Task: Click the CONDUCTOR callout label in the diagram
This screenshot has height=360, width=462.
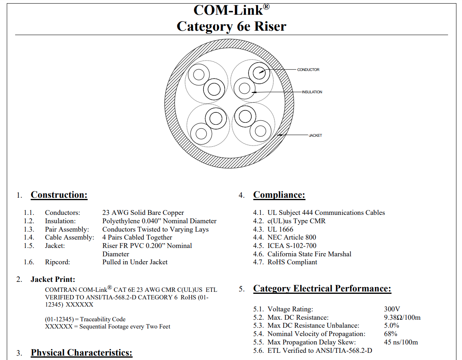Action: tap(308, 70)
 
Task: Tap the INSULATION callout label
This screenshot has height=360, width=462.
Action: tap(312, 92)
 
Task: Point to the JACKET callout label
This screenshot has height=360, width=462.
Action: tap(315, 136)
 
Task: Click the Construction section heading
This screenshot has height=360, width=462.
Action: tap(59, 195)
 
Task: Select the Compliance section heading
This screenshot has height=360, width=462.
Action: tap(279, 195)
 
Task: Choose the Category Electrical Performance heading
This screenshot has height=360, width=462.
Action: tap(322, 289)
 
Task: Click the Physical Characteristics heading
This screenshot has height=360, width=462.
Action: tap(81, 353)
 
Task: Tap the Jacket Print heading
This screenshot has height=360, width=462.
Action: tap(53, 279)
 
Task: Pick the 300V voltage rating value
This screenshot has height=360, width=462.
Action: tap(392, 309)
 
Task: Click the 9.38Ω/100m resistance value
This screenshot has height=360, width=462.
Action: tap(402, 317)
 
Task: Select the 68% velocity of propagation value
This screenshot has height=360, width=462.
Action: tap(391, 334)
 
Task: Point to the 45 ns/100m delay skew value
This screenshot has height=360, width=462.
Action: tap(401, 342)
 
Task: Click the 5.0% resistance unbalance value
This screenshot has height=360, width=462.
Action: tap(392, 326)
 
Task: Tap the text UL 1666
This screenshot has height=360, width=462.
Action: tap(280, 229)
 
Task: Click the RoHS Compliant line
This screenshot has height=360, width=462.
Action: tap(292, 262)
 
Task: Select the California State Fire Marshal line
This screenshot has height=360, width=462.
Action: tap(309, 254)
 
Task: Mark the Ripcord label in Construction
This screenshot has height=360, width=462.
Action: tap(57, 262)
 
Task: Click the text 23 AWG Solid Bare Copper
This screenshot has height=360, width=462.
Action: tap(143, 213)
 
